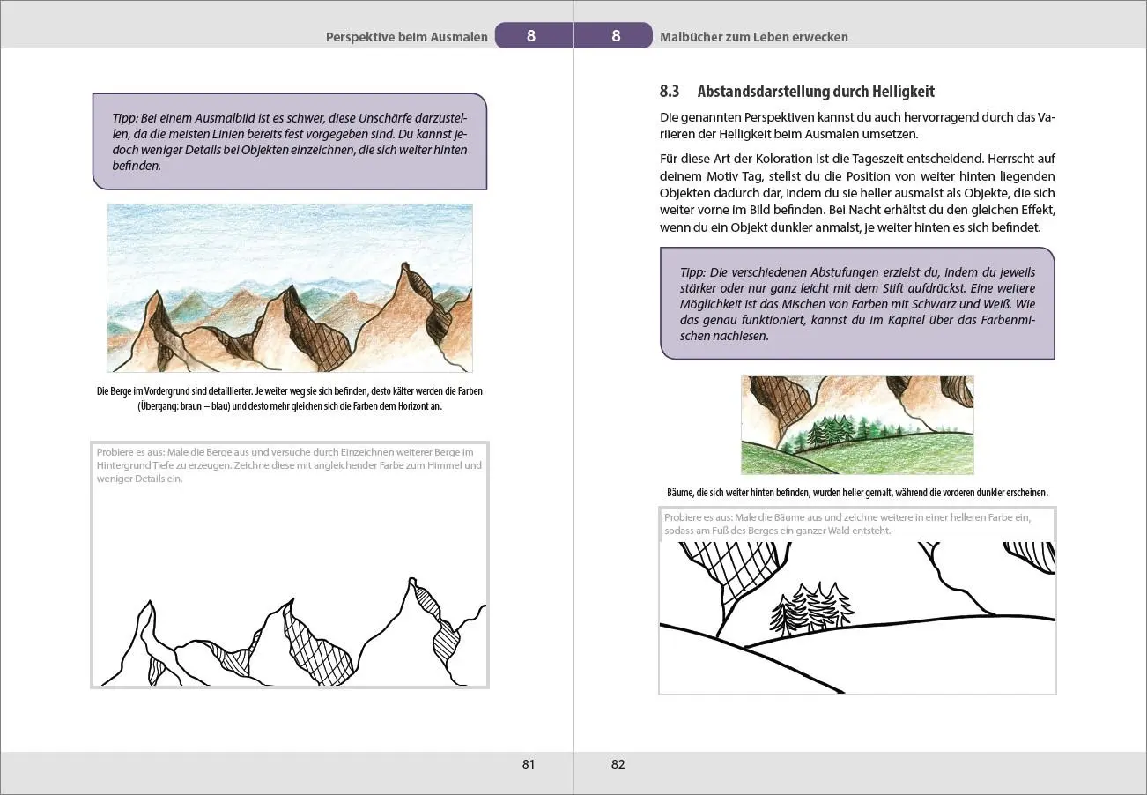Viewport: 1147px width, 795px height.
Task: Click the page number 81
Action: pyautogui.click(x=529, y=764)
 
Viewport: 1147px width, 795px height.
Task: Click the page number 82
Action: pyautogui.click(x=618, y=764)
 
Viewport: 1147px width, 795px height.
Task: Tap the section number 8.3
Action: pyautogui.click(x=670, y=91)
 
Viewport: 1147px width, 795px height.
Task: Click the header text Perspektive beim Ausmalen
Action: pyautogui.click(x=407, y=37)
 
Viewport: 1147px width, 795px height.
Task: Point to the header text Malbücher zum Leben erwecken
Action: pyautogui.click(x=754, y=37)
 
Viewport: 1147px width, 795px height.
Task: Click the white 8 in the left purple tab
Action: pyautogui.click(x=531, y=36)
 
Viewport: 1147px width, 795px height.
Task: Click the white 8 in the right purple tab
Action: pyautogui.click(x=616, y=36)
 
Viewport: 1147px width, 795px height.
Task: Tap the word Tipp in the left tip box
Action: pyautogui.click(x=125, y=118)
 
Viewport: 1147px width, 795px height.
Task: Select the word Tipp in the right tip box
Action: pyautogui.click(x=692, y=272)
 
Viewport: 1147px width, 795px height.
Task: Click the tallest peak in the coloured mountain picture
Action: pyautogui.click(x=405, y=264)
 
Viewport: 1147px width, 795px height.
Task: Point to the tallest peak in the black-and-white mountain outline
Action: pyautogui.click(x=412, y=580)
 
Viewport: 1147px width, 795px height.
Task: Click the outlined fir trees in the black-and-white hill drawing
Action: pyautogui.click(x=811, y=607)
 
